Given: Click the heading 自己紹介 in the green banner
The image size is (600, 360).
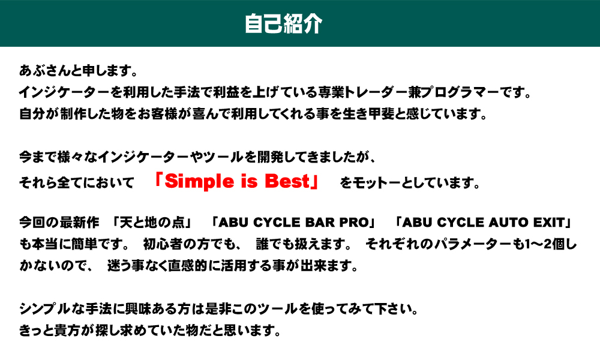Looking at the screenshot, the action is point(284,24).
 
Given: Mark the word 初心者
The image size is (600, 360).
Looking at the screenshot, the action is point(162,244).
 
